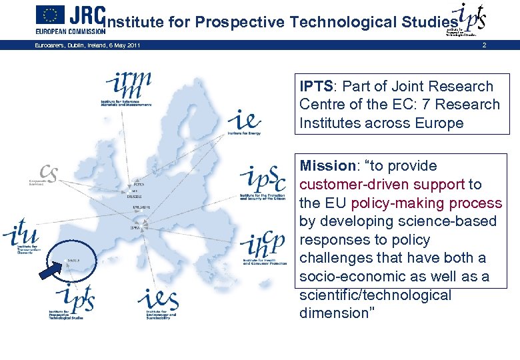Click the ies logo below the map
(x=158, y=303)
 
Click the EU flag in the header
(x=50, y=15)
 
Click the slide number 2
(x=485, y=45)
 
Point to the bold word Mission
(x=325, y=166)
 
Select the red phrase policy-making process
(x=427, y=203)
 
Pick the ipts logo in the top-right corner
(x=467, y=19)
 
